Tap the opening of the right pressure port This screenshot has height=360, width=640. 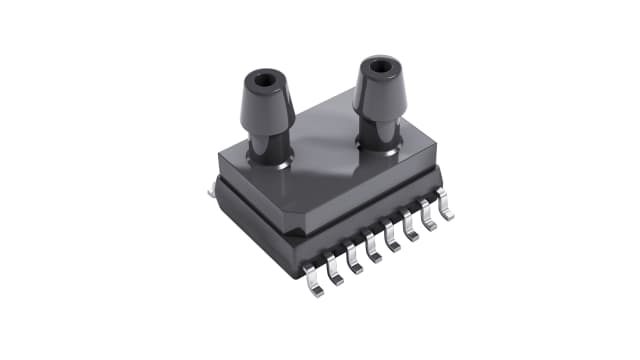pos(378,69)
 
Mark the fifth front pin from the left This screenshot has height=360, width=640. pos(394,241)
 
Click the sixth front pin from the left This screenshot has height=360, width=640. pos(412,232)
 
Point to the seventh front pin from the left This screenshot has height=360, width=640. pos(430,222)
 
